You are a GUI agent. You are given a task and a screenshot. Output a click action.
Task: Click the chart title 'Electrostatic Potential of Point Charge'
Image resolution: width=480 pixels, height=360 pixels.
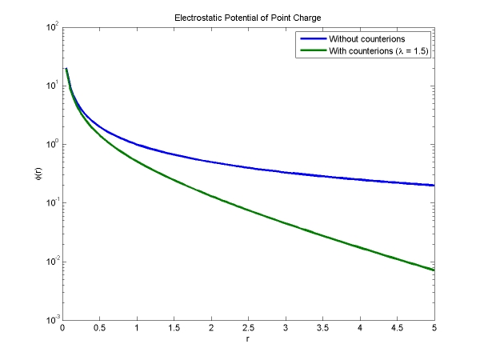tap(248, 17)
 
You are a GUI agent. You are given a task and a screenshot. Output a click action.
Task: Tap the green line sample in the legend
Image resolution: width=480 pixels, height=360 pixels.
tap(311, 51)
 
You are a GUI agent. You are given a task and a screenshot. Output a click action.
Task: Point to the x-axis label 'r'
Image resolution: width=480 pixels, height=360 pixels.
tap(248, 339)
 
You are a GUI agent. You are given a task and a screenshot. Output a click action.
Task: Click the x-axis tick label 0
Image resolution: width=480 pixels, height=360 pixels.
tap(62, 328)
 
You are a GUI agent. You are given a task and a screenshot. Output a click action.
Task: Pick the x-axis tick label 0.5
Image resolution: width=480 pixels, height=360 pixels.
tap(99, 328)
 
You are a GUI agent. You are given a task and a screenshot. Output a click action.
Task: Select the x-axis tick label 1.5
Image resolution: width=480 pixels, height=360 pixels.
tap(174, 328)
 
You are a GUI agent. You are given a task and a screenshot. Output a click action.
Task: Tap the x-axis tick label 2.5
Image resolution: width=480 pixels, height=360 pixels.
tap(248, 328)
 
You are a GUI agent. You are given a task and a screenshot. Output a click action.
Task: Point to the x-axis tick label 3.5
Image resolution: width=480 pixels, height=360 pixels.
tap(322, 328)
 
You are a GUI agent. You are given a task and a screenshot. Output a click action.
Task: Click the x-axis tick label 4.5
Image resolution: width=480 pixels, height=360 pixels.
tap(397, 328)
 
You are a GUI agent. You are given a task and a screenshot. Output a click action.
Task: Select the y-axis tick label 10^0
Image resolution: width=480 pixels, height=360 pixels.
tap(51, 145)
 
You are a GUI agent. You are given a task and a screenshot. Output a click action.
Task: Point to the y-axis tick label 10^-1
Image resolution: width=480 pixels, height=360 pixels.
tap(50, 203)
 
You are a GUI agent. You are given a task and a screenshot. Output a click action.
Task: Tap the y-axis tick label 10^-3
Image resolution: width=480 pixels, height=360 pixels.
tap(50, 320)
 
